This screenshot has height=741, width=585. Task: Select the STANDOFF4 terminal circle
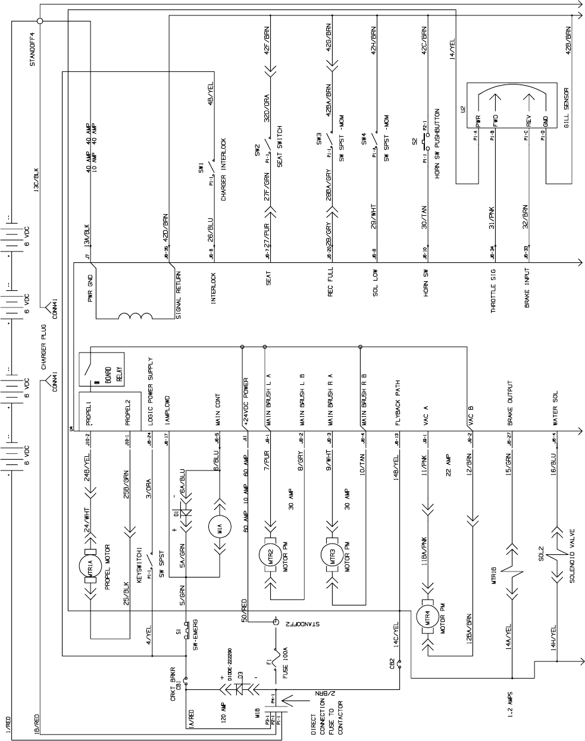pyautogui.click(x=40, y=20)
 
